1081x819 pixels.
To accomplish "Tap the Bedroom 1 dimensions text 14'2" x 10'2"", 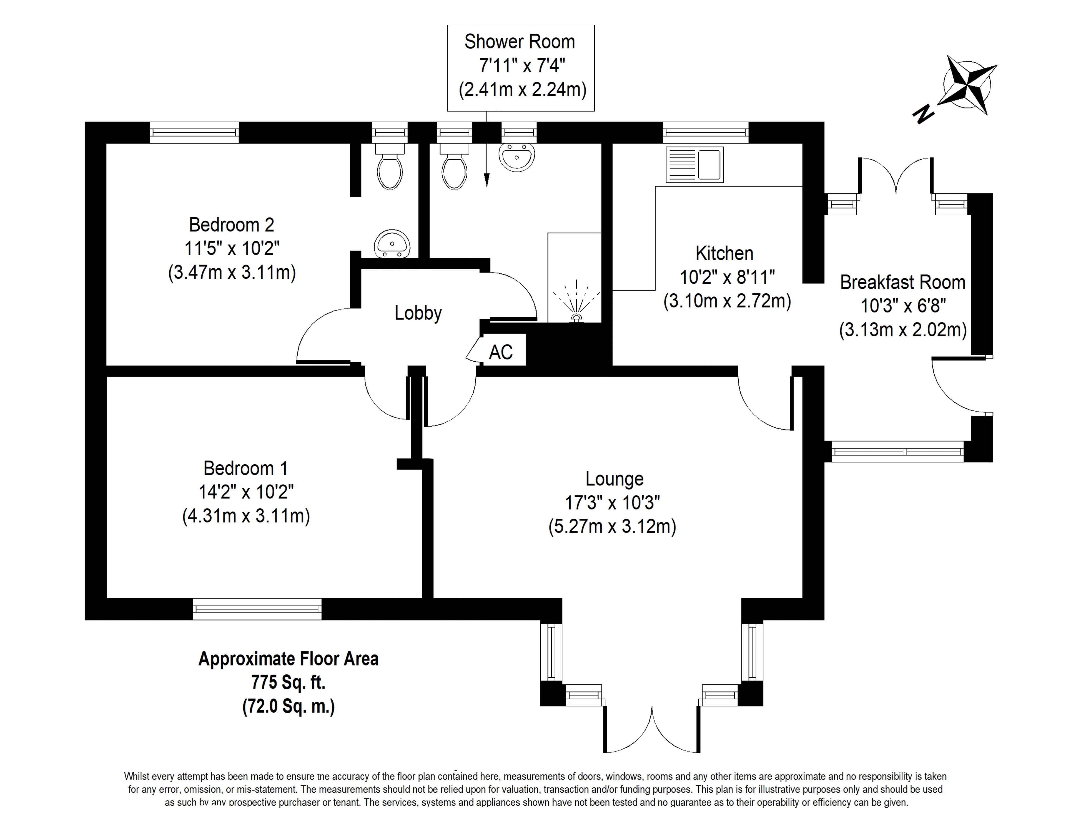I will point(246,492).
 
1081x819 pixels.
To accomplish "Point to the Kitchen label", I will point(724,253).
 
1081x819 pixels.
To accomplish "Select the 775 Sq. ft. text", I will point(288,682).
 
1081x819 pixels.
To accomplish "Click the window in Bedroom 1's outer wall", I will point(257,609).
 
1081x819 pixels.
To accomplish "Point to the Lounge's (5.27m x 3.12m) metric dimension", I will point(612,526).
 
